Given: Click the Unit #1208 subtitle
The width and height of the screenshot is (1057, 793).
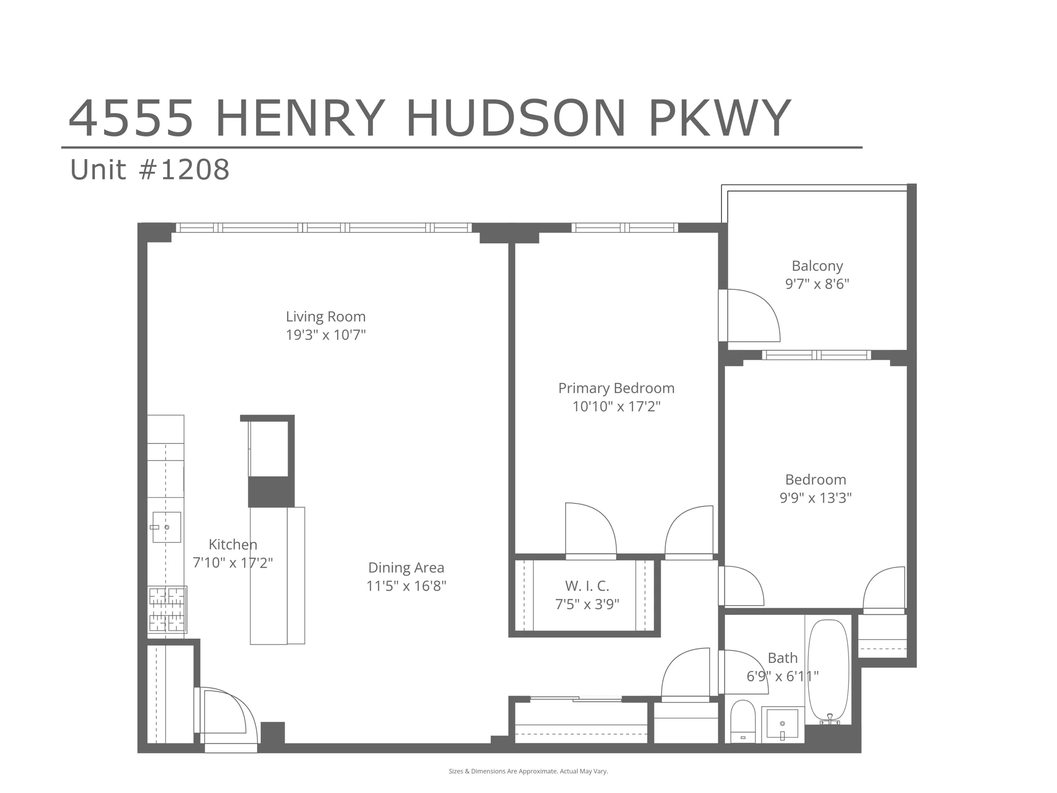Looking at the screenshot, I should point(150,170).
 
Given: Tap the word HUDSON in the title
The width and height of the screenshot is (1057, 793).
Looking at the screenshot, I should point(516,119).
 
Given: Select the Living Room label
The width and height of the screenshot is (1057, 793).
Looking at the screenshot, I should point(326,316).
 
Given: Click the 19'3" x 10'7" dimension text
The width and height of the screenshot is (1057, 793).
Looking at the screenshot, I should point(326,335).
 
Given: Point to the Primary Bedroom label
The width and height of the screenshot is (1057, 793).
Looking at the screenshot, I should point(616,388).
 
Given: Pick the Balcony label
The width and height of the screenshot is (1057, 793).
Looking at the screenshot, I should point(817,266).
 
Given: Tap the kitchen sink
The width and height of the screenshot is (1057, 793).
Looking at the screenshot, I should point(166,527).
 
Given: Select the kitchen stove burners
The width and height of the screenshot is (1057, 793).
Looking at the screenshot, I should point(167,610).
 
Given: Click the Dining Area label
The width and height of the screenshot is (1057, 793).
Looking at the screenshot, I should point(406,568).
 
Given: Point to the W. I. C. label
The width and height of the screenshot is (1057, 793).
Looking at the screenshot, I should point(587,586).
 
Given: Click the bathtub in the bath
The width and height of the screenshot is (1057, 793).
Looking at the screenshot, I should point(828,671).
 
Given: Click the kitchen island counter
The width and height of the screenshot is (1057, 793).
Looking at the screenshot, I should point(277,575).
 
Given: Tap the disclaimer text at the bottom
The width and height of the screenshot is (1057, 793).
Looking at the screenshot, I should point(528,771).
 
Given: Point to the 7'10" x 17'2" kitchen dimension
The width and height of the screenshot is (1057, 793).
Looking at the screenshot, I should point(232,563).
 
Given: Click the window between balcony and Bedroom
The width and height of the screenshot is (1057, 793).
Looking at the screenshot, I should point(816,355).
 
